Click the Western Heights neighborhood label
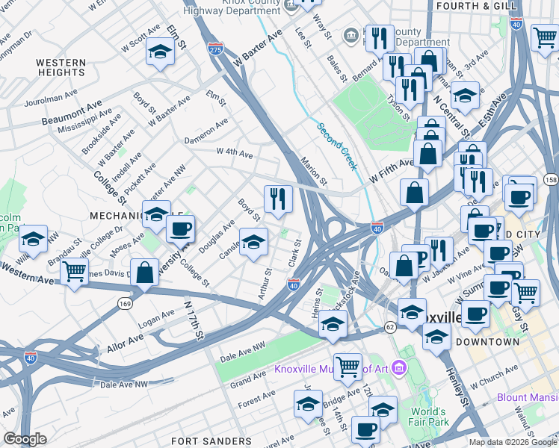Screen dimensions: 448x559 (x=61, y=67)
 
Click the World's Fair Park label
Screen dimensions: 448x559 (x=439, y=417)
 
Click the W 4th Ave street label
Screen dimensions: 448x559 (x=235, y=153)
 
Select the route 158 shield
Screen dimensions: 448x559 (x=552, y=180)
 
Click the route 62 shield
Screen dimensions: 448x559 (x=390, y=327)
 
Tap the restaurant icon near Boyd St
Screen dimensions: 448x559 (x=277, y=199)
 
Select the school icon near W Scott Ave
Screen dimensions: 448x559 (x=160, y=52)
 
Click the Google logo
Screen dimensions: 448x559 (x=25, y=439)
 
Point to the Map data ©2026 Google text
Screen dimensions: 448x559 (x=512, y=442)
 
